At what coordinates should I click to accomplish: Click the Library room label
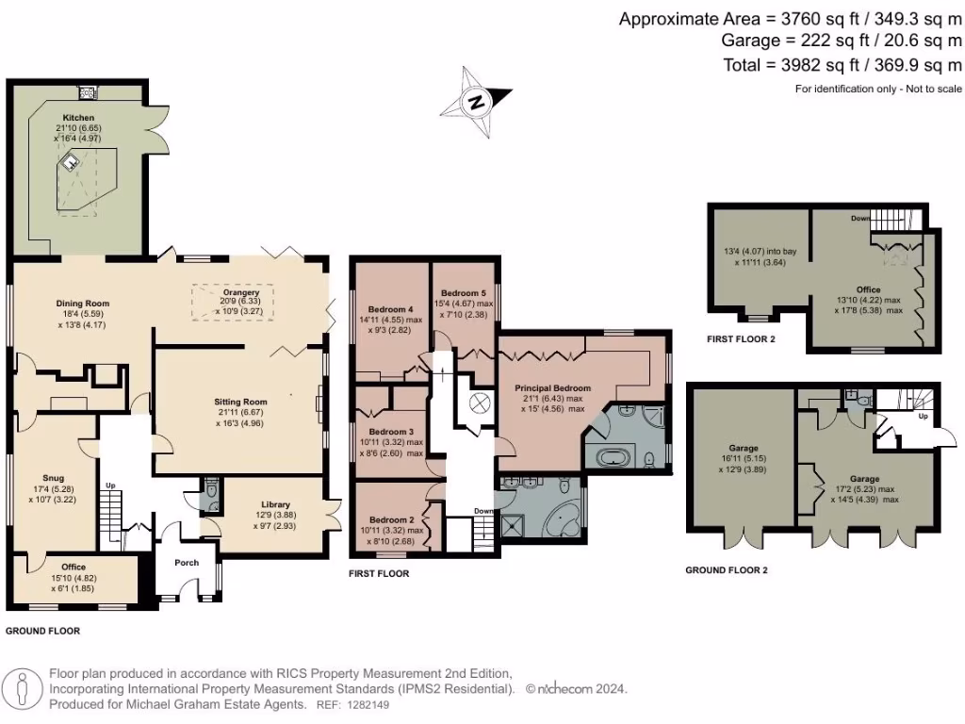(275, 504)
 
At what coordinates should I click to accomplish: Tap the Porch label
(187, 563)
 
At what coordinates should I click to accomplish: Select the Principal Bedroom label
(552, 388)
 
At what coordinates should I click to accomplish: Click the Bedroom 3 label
(391, 432)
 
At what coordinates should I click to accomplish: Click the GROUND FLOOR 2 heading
(726, 569)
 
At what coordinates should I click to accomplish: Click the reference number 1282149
(366, 704)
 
